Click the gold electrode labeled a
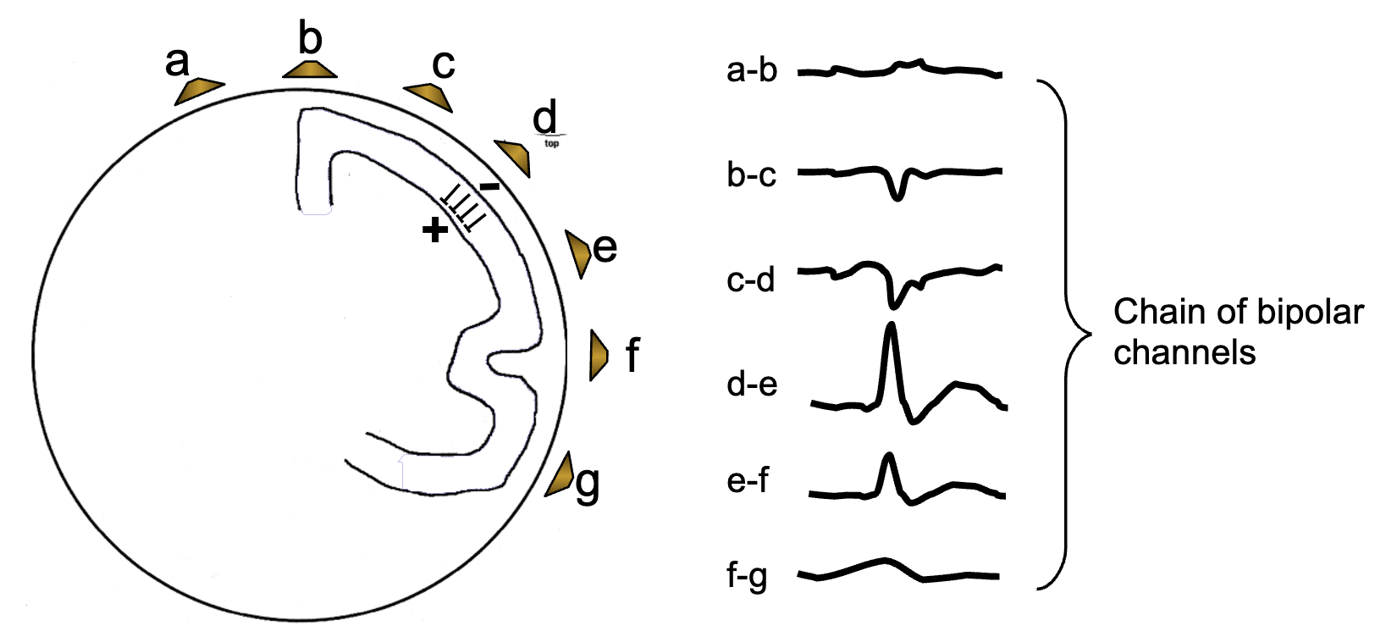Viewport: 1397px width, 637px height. (x=198, y=91)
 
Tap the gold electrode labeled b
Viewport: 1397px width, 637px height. (x=310, y=69)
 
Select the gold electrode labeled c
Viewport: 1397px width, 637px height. (x=430, y=97)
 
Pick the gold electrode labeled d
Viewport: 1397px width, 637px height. (x=515, y=157)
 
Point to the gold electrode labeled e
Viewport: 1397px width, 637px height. (x=577, y=253)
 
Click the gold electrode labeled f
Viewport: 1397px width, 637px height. (x=598, y=355)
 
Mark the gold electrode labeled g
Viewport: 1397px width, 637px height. (x=560, y=475)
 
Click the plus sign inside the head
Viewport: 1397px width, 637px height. (x=434, y=230)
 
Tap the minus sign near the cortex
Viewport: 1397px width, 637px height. (x=489, y=186)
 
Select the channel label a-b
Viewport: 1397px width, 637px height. (x=752, y=69)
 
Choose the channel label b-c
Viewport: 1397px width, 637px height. (x=751, y=174)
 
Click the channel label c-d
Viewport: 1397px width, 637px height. (x=751, y=280)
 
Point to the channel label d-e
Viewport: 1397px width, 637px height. (x=752, y=384)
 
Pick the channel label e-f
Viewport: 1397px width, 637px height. (x=748, y=480)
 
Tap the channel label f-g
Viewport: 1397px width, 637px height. (x=747, y=576)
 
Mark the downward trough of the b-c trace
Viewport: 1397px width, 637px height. (x=897, y=197)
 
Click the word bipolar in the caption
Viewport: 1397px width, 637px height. (x=1310, y=312)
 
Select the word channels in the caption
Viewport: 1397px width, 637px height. (x=1184, y=352)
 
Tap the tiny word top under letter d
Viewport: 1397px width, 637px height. (x=551, y=144)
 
